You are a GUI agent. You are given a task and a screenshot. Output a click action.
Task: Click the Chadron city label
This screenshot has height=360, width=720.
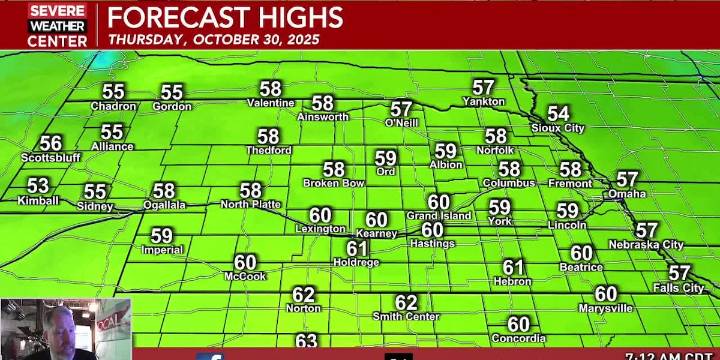[113, 107]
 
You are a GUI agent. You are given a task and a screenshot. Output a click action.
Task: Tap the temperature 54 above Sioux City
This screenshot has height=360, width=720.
[558, 114]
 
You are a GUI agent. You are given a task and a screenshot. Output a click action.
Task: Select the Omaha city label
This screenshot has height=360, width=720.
[627, 194]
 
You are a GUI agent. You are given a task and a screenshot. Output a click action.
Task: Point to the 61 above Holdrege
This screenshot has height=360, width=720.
[357, 248]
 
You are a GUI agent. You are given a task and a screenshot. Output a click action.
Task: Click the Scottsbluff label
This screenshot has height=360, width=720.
[51, 158]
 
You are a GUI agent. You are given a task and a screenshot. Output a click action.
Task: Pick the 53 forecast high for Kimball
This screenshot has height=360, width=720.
[38, 186]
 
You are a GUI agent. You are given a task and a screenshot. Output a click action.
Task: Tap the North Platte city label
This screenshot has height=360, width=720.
[250, 205]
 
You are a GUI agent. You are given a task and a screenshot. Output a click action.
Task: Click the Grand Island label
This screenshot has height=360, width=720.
[439, 216]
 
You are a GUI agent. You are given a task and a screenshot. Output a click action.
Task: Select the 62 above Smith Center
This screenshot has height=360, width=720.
[406, 303]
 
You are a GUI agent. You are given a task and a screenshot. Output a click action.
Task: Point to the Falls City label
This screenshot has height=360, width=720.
[679, 288]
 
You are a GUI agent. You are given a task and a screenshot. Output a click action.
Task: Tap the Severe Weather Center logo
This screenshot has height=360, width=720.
[57, 25]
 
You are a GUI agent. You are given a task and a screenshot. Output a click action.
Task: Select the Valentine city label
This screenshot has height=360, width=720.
[271, 103]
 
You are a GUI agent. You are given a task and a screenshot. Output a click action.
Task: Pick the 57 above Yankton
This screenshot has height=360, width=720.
[484, 88]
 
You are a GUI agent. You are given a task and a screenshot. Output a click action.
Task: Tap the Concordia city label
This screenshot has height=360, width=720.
[518, 339]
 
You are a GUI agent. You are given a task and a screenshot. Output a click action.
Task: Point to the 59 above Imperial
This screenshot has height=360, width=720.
[161, 237]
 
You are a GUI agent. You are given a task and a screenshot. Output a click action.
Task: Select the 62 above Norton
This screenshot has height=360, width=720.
[303, 295]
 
